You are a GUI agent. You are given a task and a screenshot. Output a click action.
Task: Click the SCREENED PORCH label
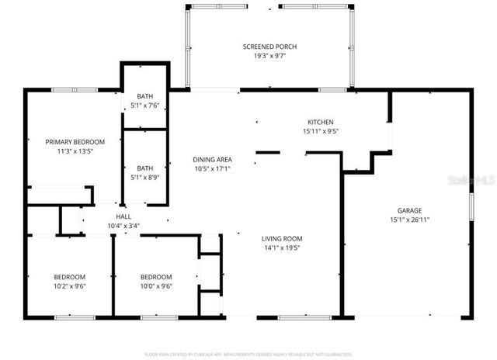pos(269,47)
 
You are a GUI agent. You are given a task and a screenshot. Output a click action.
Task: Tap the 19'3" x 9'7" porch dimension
pos(269,56)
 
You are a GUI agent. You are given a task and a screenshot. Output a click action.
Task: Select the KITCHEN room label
pos(321,122)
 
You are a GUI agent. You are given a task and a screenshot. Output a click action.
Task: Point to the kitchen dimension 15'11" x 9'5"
pos(321,131)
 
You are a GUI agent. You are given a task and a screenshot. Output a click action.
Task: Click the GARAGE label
pos(409,210)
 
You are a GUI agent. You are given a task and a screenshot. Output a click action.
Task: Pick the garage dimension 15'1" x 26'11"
pos(409,220)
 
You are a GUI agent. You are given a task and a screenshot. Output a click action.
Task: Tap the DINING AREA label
pos(213,160)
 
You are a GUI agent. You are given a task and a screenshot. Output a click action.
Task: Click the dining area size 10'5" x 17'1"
pos(213,169)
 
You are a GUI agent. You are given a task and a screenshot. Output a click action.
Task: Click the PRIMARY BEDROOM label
pos(75,142)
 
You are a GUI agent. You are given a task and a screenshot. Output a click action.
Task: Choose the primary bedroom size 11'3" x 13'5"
pos(75,151)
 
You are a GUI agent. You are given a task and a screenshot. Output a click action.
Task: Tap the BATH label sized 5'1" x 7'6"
pos(145,96)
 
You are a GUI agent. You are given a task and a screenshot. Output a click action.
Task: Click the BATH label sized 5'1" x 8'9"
pos(145,168)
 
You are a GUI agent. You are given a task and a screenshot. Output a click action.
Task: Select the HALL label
pos(123,216)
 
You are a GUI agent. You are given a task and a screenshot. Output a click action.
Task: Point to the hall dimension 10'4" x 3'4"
pos(123,226)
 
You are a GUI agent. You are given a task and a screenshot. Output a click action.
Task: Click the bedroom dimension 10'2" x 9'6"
pos(69,286)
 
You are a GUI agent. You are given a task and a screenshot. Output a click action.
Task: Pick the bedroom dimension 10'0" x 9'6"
pos(156,286)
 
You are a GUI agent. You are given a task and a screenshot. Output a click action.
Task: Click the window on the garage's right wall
pos(471,210)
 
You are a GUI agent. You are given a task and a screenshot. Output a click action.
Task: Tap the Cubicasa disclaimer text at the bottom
pos(248,355)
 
